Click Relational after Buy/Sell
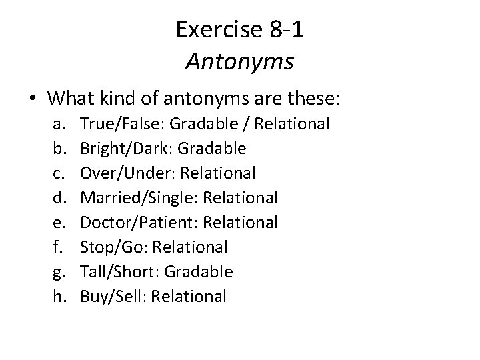tap(189, 296)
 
